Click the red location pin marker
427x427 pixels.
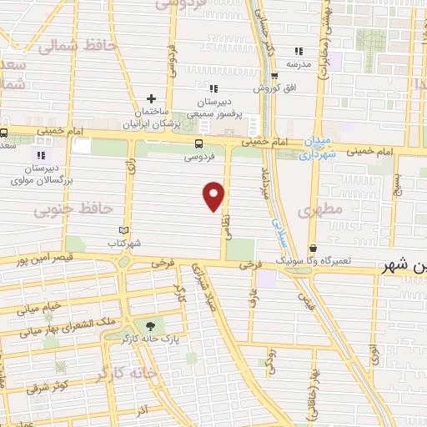[214, 194]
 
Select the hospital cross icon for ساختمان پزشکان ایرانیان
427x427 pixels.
[151, 98]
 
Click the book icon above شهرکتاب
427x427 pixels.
[124, 230]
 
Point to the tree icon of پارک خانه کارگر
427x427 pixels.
[150, 326]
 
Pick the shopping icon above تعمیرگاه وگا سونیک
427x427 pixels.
[313, 248]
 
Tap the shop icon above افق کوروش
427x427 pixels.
[274, 76]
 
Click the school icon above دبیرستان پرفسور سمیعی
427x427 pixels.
[213, 88]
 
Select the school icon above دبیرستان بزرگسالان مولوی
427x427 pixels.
[39, 154]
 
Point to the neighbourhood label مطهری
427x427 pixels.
[324, 213]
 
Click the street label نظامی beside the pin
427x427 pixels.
[225, 219]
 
